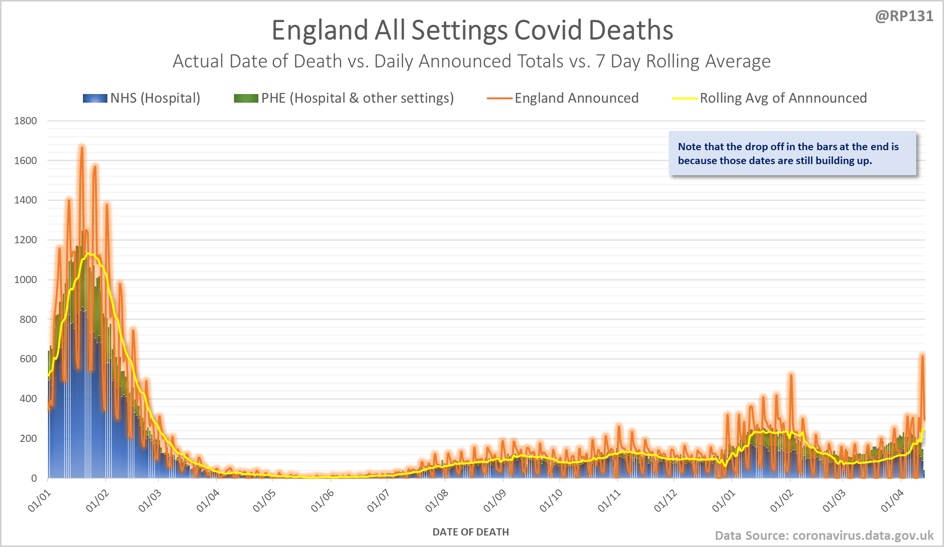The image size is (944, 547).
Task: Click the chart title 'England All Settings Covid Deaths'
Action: pyautogui.click(x=472, y=30)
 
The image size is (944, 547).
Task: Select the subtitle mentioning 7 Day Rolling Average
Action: pyautogui.click(x=472, y=61)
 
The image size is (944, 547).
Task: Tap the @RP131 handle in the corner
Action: pyautogui.click(x=904, y=16)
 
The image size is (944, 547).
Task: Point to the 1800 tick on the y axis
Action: pyautogui.click(x=25, y=121)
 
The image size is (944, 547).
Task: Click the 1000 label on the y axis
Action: pyautogui.click(x=25, y=280)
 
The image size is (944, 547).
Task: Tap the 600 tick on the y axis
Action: pyautogui.click(x=28, y=359)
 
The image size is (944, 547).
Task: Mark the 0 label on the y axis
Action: pyautogui.click(x=34, y=478)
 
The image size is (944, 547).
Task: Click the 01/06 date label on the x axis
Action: pyautogui.click(x=322, y=500)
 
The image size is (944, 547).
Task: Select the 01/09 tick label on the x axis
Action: pyautogui.click(x=494, y=500)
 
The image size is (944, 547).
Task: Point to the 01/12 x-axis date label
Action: pyautogui.click(x=665, y=500)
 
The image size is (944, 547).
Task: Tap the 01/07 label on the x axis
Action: pyautogui.click(x=378, y=500)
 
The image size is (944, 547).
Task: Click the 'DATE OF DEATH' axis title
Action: pyautogui.click(x=470, y=532)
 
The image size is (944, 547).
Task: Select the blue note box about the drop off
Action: pyautogui.click(x=792, y=154)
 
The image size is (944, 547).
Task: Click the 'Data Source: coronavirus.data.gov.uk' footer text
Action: pyautogui.click(x=824, y=535)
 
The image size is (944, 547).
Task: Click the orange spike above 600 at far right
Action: pyautogui.click(x=922, y=356)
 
